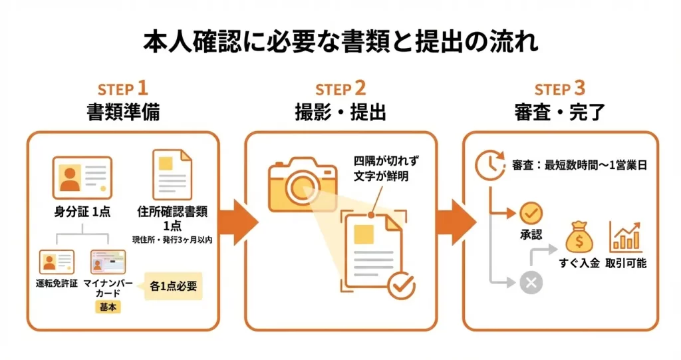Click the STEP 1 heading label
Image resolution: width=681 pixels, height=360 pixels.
[x=123, y=89]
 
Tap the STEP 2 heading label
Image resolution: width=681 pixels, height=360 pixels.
[x=340, y=89]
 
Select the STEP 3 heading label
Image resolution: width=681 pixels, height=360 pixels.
[x=560, y=89]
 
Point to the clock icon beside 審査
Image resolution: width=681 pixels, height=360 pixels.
[x=488, y=164]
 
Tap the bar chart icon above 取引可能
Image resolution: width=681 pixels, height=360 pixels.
[x=626, y=237]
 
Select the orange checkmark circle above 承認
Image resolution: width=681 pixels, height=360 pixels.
[x=531, y=213]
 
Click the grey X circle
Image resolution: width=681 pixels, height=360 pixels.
[x=531, y=283]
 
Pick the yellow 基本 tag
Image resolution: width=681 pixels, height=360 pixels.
[x=106, y=308]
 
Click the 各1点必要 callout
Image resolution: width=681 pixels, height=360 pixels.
[x=173, y=286]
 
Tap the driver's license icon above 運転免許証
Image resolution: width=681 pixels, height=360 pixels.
[x=57, y=262]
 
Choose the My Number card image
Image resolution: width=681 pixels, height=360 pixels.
[x=108, y=262]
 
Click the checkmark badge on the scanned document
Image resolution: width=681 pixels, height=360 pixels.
[x=402, y=285]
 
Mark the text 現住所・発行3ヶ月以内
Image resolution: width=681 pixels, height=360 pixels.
[x=172, y=239]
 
